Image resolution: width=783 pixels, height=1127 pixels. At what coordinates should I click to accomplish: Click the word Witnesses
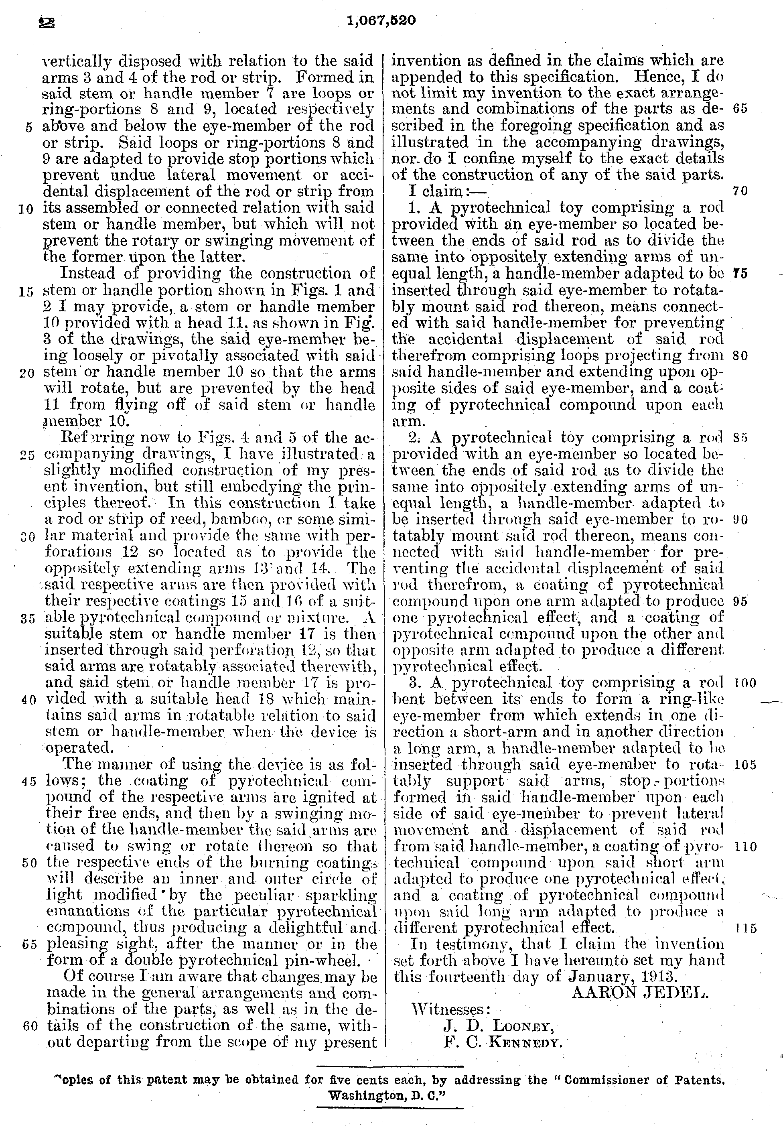450,1010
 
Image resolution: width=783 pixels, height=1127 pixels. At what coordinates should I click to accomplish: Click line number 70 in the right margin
740,191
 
